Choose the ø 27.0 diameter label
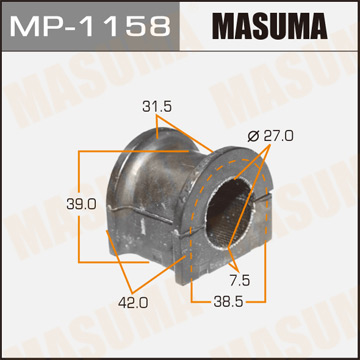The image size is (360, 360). [264, 137]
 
